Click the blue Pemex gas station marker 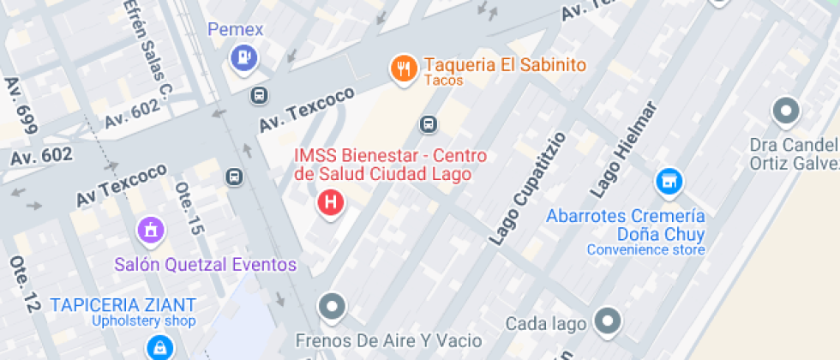244,57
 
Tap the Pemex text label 236,30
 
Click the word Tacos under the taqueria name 443,81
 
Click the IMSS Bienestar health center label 390,165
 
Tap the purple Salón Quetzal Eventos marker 151,229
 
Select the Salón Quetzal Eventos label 206,265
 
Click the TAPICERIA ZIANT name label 123,304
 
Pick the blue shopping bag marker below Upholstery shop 159,347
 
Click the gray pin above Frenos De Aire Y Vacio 331,305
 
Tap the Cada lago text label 546,323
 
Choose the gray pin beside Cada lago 609,321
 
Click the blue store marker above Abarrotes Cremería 669,181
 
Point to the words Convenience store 645,250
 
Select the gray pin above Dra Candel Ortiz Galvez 786,111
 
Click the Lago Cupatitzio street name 527,189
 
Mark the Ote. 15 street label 189,208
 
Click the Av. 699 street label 21,105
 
